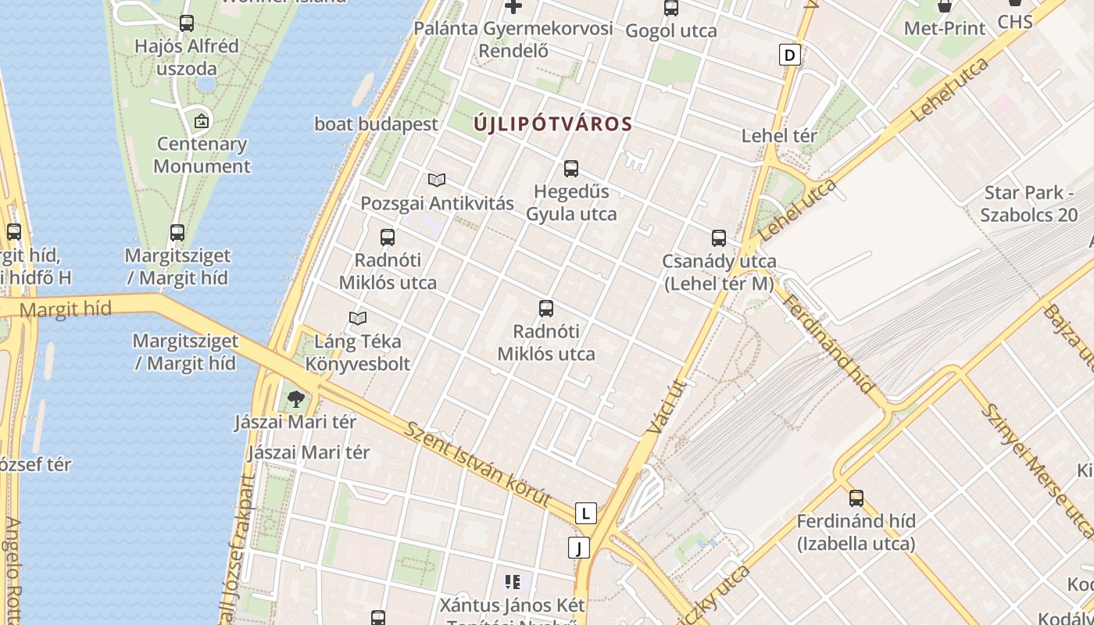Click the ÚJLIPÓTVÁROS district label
(x=553, y=124)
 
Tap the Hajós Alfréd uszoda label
(x=187, y=56)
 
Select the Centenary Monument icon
(x=202, y=121)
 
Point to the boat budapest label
(x=376, y=124)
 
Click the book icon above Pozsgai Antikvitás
(x=437, y=180)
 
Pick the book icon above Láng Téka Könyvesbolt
(x=358, y=318)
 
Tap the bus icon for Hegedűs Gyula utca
(x=571, y=169)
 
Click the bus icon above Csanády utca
(x=719, y=238)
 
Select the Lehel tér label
(x=779, y=136)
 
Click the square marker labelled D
(x=791, y=55)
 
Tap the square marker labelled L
(x=585, y=513)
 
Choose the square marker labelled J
(x=579, y=548)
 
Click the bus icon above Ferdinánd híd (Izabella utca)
(x=856, y=498)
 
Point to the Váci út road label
(x=667, y=406)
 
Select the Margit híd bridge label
(x=66, y=310)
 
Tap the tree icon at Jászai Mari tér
(x=295, y=400)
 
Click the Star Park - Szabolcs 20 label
(x=1028, y=204)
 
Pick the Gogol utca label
(x=671, y=31)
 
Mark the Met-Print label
(x=945, y=28)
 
